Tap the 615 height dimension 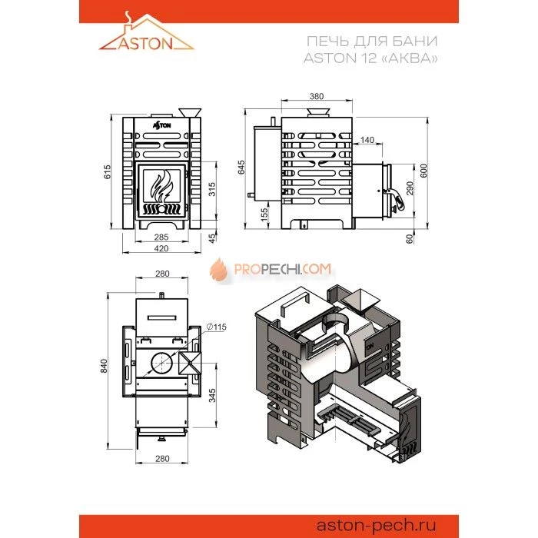tap(108, 172)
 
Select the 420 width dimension tap(161, 248)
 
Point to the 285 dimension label tap(161, 237)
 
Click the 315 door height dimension tap(212, 189)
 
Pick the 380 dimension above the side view tap(317, 96)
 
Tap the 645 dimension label tap(241, 167)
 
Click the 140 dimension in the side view tap(367, 140)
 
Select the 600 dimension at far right tap(424, 171)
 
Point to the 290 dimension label tap(410, 188)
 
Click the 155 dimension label tap(264, 214)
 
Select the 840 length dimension tap(105, 366)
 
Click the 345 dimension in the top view tap(212, 396)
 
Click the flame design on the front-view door tap(161, 186)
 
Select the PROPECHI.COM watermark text tap(282, 269)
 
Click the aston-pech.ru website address tap(376, 525)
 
